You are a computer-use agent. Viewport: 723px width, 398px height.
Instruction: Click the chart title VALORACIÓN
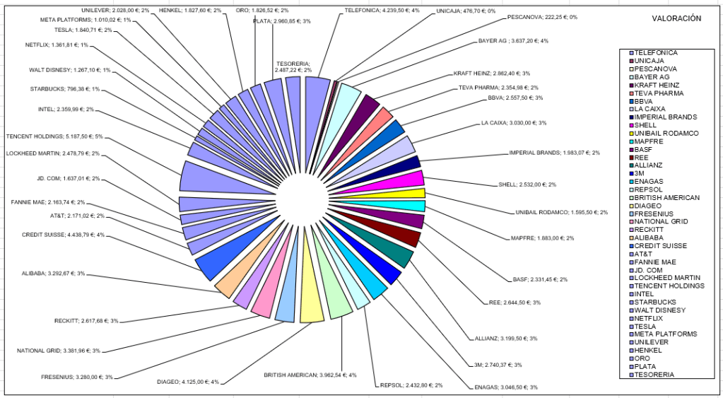[676, 18]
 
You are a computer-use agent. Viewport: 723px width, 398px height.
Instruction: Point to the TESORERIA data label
[293, 67]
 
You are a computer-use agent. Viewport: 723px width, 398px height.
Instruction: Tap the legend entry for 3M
[639, 172]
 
